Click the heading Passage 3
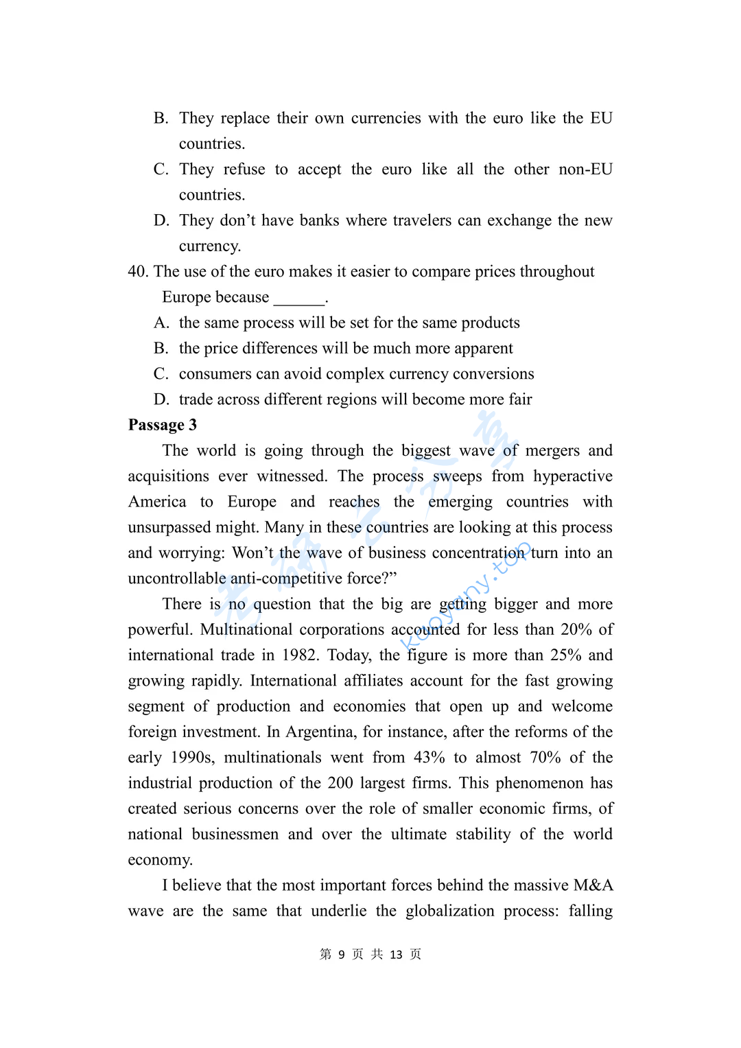[163, 425]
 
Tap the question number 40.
[138, 272]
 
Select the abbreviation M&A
[593, 885]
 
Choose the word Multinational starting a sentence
[246, 630]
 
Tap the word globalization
[450, 911]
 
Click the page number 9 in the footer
[342, 955]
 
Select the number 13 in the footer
[396, 955]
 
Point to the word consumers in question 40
[213, 374]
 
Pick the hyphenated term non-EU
[585, 170]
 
